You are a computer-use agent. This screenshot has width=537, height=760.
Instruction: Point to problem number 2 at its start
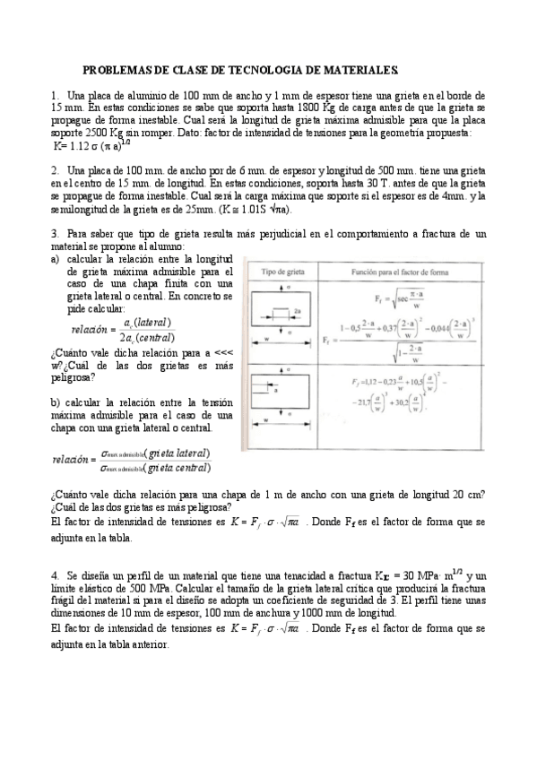tap(56, 170)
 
